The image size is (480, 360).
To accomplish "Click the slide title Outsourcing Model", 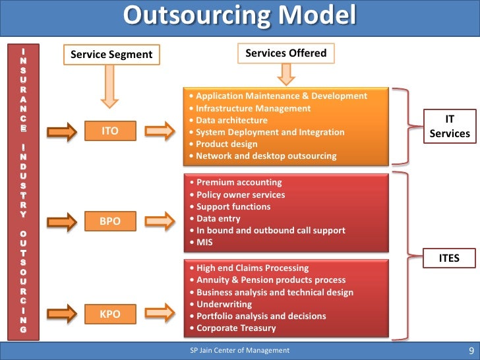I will tap(240, 16).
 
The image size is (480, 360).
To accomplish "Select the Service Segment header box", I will tap(111, 55).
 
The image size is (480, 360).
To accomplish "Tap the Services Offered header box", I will tap(285, 53).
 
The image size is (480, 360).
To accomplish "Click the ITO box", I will tap(109, 131).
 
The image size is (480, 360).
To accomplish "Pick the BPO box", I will tap(109, 222).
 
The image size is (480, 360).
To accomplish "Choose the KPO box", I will tap(109, 314).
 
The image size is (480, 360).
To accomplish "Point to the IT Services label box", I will tap(450, 127).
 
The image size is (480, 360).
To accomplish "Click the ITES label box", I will tap(450, 258).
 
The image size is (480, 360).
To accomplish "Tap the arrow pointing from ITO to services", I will tap(161, 131).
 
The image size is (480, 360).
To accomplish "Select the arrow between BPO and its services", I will tap(161, 222).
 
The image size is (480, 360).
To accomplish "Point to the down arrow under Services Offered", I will tap(285, 75).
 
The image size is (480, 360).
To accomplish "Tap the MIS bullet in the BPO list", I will tap(204, 243).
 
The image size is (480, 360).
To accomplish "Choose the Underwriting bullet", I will tap(224, 304).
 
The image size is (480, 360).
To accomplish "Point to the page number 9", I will tap(470, 351).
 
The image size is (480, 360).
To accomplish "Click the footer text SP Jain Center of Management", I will tap(239, 351).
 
